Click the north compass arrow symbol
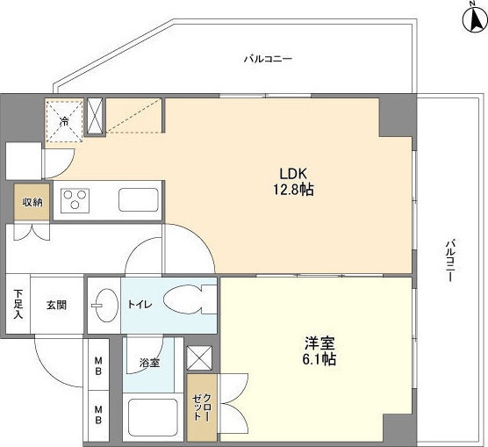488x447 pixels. (471, 18)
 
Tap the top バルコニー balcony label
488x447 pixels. (268, 60)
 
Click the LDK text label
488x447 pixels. (292, 173)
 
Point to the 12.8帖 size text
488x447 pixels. (292, 188)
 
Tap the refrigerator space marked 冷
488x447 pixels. (63, 120)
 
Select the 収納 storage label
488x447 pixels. (32, 203)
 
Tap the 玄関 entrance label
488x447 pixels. (56, 306)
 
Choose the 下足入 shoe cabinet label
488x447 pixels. (18, 306)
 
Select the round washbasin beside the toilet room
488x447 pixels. (104, 305)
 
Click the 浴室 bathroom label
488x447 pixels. (148, 363)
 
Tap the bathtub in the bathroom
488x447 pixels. (154, 419)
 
